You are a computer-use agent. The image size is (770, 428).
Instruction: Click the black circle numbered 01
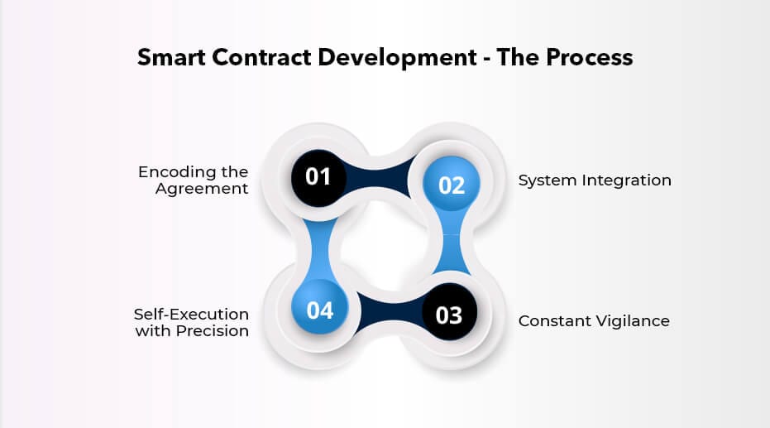click(x=318, y=178)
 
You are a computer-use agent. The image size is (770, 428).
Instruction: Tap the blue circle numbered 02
click(x=452, y=184)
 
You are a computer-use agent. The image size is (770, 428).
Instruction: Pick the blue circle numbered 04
click(x=320, y=307)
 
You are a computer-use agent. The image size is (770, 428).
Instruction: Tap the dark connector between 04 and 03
click(x=390, y=311)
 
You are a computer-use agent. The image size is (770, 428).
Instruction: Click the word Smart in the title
click(x=171, y=57)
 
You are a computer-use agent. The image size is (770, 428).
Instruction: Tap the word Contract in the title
click(x=261, y=57)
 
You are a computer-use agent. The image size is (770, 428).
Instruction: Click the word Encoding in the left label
click(x=176, y=173)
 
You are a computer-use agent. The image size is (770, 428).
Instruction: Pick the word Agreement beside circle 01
click(x=202, y=190)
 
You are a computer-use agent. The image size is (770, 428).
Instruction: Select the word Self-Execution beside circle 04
click(x=191, y=314)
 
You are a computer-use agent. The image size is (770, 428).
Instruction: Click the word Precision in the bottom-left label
click(x=212, y=331)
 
